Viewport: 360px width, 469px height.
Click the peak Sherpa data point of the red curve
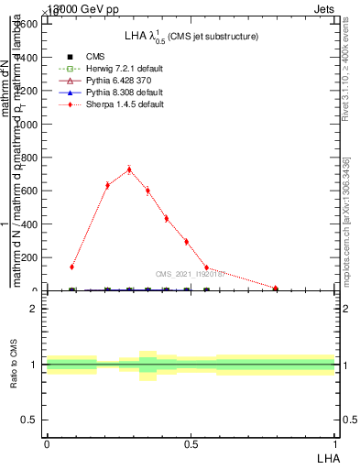129,169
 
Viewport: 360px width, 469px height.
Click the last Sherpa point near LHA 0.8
276,288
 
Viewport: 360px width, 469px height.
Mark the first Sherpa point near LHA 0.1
71,267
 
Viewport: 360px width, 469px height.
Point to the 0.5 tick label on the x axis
191,443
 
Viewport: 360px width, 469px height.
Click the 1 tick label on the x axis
335,443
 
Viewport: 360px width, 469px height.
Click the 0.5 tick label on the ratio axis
29,420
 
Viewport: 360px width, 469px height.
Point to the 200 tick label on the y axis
27,257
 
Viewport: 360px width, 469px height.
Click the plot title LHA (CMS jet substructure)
191,36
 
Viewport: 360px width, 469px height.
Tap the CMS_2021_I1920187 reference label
189,274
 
